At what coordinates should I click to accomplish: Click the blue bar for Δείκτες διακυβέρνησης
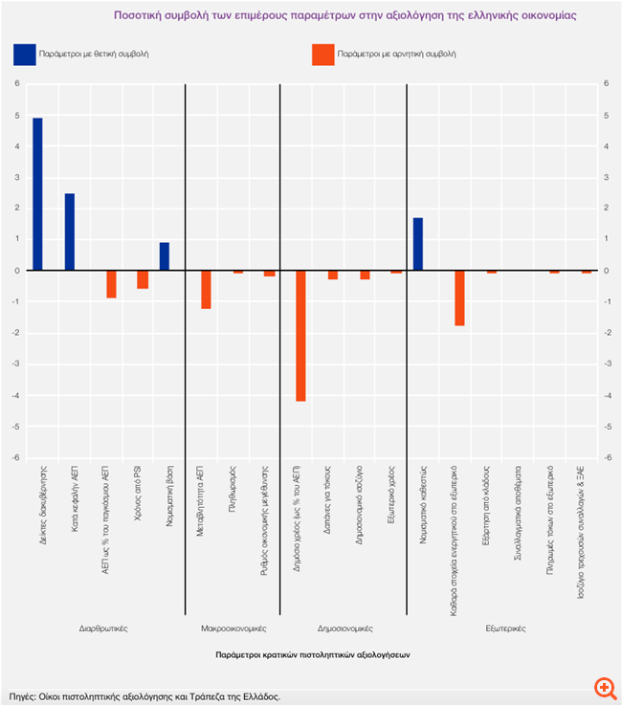click(37, 194)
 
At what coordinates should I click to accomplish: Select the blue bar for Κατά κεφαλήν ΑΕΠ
click(70, 231)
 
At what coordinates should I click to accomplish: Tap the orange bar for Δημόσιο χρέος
click(300, 336)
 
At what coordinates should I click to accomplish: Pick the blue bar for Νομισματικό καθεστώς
click(418, 244)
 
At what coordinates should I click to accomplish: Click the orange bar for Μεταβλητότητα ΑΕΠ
click(206, 290)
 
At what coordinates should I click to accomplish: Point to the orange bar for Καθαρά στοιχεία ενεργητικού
click(459, 298)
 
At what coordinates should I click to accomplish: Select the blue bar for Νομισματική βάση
click(165, 256)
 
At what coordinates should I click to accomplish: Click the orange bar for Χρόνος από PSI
click(143, 279)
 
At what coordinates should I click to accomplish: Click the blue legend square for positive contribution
click(24, 55)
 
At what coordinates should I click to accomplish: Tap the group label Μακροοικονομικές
click(233, 628)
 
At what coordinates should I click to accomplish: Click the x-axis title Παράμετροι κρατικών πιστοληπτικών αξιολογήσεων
click(313, 655)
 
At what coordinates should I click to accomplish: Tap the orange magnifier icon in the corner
click(603, 690)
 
